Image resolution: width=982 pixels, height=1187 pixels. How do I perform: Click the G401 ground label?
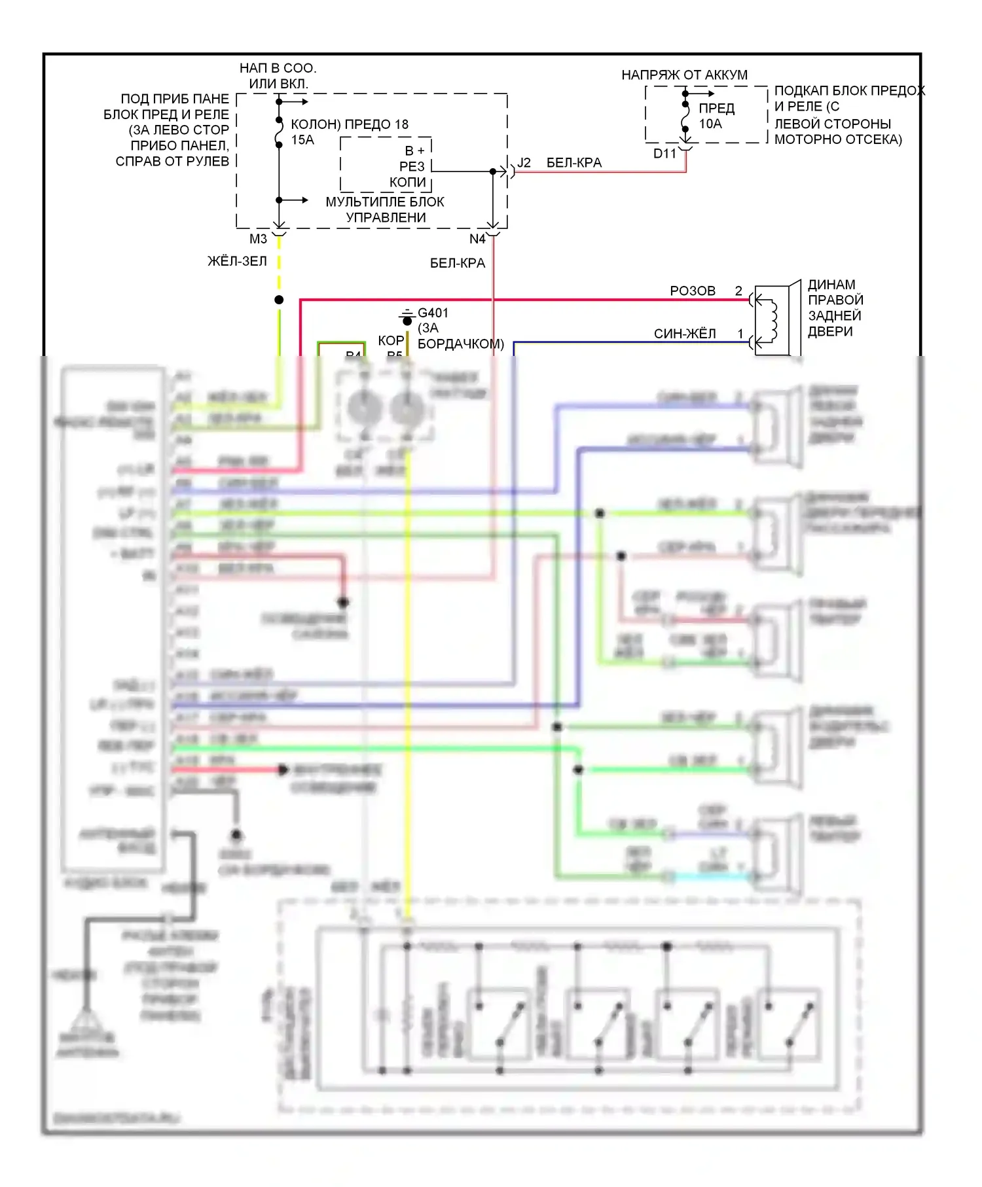click(x=433, y=313)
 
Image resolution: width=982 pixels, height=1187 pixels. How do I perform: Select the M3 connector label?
click(x=258, y=239)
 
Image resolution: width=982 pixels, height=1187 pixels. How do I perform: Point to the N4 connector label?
click(x=477, y=239)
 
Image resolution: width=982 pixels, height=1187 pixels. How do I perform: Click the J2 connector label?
click(x=524, y=163)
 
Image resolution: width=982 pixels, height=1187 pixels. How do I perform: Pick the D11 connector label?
click(x=664, y=154)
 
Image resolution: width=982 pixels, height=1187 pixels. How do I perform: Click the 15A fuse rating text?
click(x=302, y=140)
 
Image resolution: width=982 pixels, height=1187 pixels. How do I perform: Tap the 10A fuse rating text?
click(x=710, y=124)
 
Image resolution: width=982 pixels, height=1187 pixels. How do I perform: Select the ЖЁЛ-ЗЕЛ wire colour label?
click(x=237, y=261)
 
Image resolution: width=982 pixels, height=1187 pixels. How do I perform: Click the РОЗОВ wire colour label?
click(x=693, y=291)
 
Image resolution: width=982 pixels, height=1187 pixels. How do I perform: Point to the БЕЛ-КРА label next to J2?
click(x=574, y=163)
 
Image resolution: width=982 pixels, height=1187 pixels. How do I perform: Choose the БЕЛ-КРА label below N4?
click(x=458, y=263)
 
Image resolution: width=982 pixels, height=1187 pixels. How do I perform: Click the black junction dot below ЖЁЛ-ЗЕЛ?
click(x=279, y=300)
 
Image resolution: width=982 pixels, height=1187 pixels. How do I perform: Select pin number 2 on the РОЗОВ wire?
click(x=738, y=291)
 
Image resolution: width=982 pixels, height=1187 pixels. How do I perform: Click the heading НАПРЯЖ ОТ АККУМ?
click(x=684, y=75)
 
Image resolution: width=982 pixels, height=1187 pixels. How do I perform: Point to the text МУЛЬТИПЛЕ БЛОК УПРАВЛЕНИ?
click(x=385, y=209)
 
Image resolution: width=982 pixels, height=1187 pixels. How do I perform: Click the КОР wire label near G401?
click(x=390, y=340)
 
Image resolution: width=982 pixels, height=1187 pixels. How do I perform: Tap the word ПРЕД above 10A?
click(x=716, y=109)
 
